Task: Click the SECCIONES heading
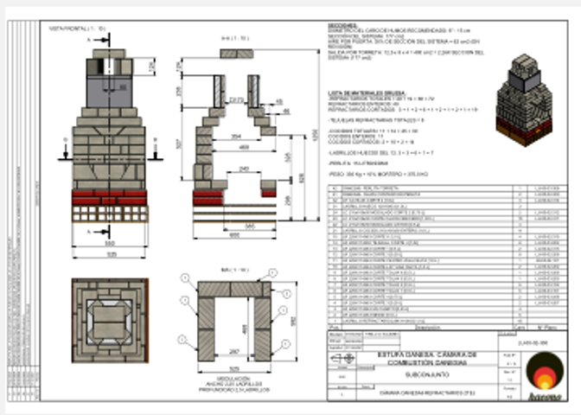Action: click(x=343, y=26)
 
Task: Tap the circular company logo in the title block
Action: click(x=545, y=369)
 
